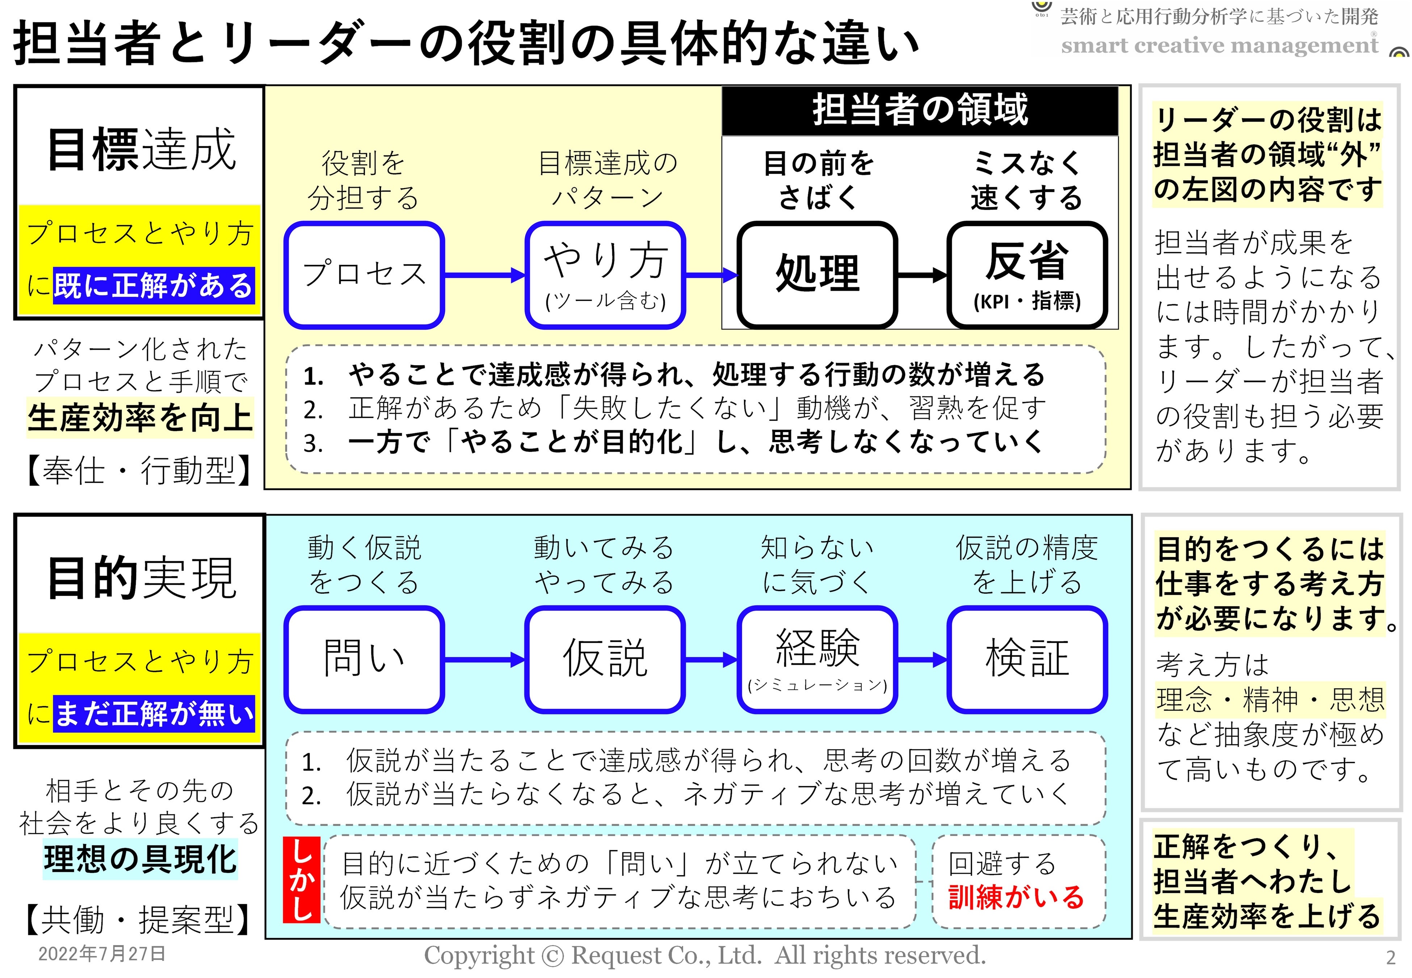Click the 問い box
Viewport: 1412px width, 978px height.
[x=364, y=659]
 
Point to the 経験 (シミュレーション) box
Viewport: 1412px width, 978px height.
[x=817, y=659]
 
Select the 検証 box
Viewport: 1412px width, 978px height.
[x=1027, y=659]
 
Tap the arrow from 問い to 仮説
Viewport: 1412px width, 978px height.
[x=484, y=660]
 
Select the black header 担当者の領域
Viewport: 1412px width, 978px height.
[x=920, y=110]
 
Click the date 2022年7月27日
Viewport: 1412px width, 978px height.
[x=102, y=953]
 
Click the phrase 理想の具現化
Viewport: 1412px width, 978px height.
[x=140, y=859]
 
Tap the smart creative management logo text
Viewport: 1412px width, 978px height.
[x=1219, y=45]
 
